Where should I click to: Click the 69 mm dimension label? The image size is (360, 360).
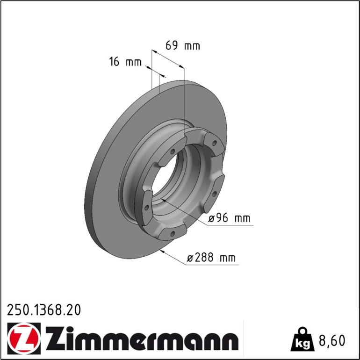pyautogui.click(x=183, y=46)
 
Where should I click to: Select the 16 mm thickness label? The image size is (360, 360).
pyautogui.click(x=125, y=62)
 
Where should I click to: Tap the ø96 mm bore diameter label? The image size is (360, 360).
pyautogui.click(x=229, y=218)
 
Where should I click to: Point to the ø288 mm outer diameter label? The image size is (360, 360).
pyautogui.click(x=211, y=258)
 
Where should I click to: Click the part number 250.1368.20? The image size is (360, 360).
pyautogui.click(x=44, y=310)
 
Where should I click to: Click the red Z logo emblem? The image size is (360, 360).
pyautogui.click(x=24, y=338)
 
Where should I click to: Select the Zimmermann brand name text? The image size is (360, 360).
pyautogui.click(x=142, y=338)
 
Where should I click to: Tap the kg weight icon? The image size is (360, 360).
pyautogui.click(x=302, y=339)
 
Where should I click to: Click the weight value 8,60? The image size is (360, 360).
pyautogui.click(x=332, y=340)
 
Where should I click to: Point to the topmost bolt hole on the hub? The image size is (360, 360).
pyautogui.click(x=215, y=143)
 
